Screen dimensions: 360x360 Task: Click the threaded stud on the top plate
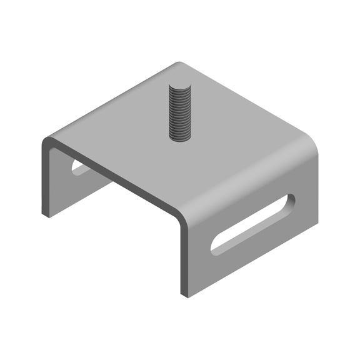pyautogui.click(x=180, y=112)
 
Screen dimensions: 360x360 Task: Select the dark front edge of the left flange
pyautogui.click(x=44, y=181)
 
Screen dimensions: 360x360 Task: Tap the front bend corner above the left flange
pyautogui.click(x=46, y=144)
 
